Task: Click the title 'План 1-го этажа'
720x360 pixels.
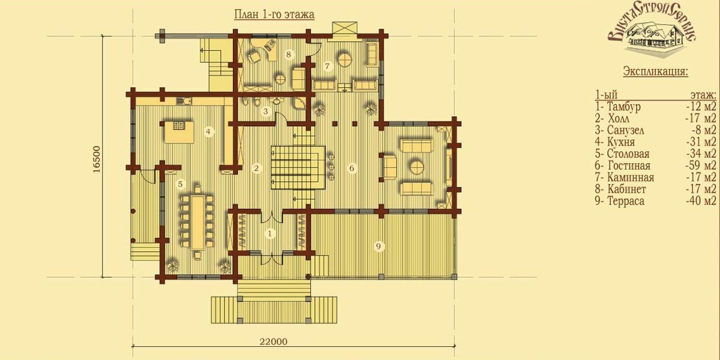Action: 274,15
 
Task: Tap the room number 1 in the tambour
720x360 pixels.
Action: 270,233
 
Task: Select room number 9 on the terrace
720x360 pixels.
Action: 379,247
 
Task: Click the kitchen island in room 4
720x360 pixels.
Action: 179,132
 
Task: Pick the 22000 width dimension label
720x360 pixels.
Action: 274,341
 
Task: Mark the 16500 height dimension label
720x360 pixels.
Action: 97,160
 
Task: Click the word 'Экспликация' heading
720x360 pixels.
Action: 656,71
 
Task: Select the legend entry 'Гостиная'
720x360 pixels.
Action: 629,166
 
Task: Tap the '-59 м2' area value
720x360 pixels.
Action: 701,166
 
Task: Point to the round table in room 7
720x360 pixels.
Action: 346,59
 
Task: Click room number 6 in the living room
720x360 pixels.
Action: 352,168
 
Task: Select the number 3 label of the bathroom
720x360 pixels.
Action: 265,112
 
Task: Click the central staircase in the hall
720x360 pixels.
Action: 298,167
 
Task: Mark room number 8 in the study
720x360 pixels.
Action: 289,55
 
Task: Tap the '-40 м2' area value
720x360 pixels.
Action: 701,201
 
